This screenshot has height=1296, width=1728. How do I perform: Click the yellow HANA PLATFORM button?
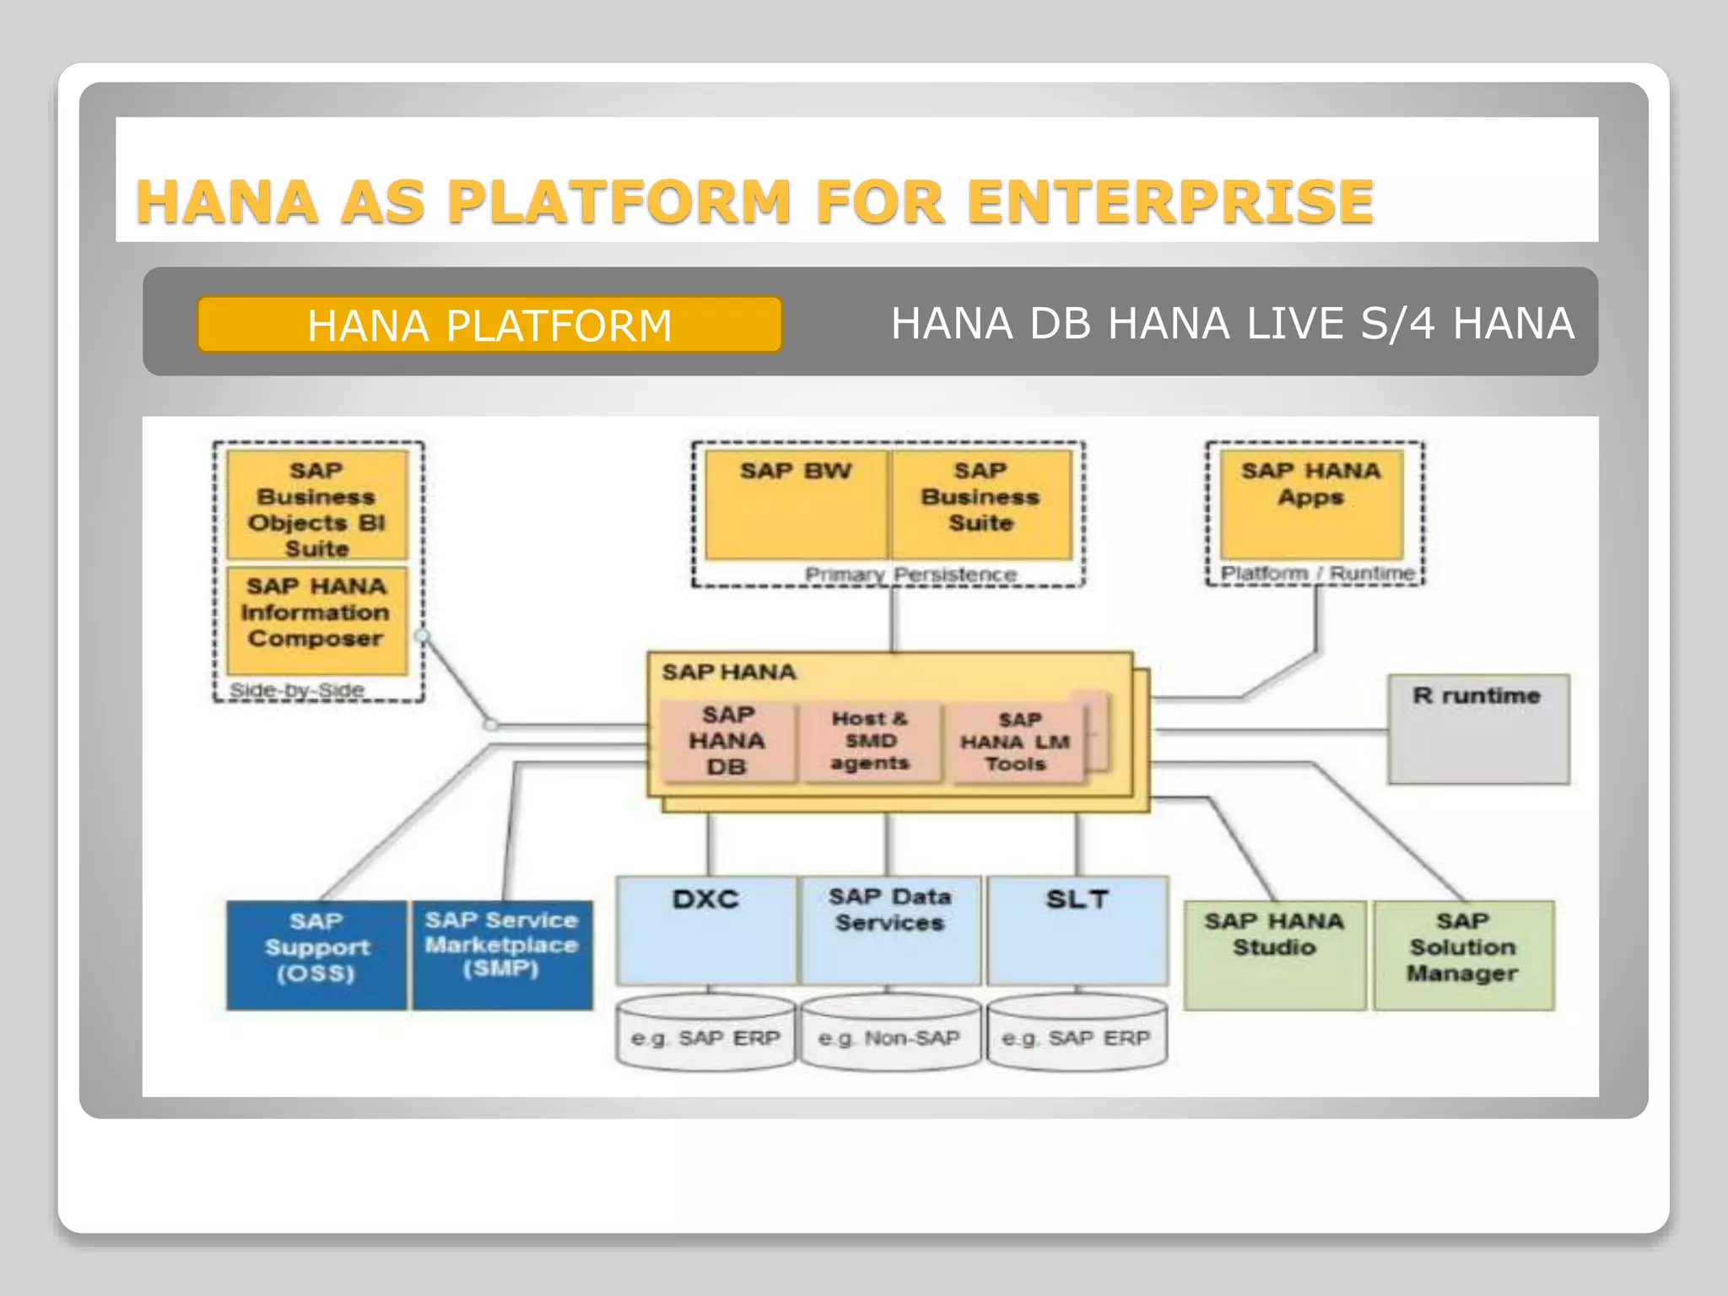tap(489, 324)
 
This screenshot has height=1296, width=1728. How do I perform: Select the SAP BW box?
tap(796, 505)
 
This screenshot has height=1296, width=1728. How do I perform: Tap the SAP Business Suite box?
tap(980, 505)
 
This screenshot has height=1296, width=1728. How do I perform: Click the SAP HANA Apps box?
tap(1310, 505)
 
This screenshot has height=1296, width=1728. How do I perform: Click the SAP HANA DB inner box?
tap(726, 741)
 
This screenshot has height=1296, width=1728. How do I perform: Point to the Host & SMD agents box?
tap(870, 741)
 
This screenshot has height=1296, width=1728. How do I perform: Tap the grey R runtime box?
tap(1478, 729)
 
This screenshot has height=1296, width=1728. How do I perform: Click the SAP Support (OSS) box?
tap(316, 955)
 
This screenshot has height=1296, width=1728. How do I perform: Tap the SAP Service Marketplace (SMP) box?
tap(502, 955)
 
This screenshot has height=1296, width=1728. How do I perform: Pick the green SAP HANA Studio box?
tap(1274, 955)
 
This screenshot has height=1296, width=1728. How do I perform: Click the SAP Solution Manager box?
tap(1463, 955)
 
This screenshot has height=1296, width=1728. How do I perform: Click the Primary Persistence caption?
tap(910, 575)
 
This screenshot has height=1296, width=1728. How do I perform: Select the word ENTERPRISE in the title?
tap(1170, 202)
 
